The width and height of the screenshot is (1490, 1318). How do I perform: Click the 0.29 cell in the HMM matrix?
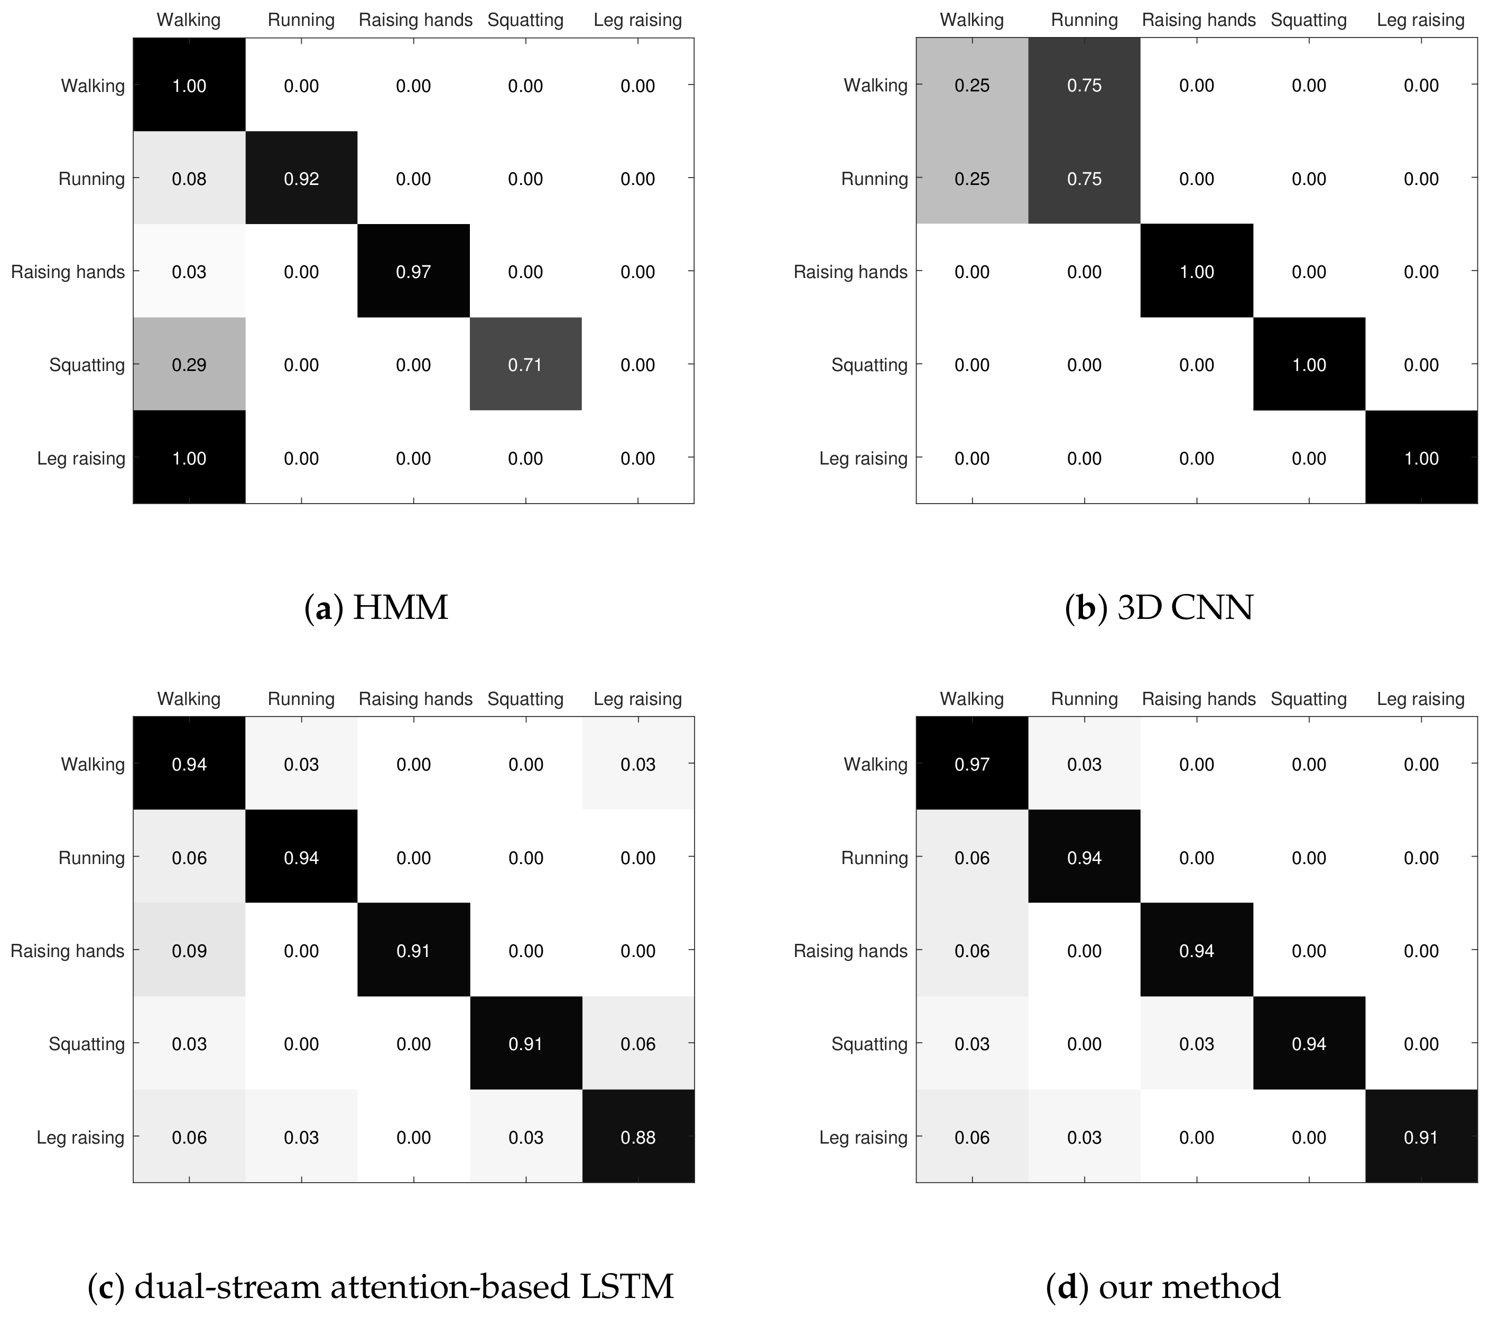point(189,365)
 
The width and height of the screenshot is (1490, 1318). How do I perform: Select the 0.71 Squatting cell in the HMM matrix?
point(525,365)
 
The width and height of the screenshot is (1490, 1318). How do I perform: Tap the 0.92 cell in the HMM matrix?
point(301,179)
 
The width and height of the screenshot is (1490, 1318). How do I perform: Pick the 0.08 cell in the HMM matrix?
point(189,179)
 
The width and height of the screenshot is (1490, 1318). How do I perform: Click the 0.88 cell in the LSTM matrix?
point(638,1137)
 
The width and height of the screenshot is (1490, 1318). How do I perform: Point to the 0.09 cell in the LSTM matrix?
point(189,951)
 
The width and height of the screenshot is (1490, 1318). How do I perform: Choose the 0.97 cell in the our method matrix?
point(971,764)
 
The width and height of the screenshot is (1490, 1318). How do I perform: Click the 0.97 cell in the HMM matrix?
point(413,272)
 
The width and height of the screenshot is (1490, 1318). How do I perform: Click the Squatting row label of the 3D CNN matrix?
point(869,365)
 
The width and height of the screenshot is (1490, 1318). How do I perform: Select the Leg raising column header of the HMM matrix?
point(638,20)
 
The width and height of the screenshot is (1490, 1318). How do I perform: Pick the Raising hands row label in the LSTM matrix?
point(67,951)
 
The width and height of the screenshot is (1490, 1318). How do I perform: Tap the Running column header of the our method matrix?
point(1084,698)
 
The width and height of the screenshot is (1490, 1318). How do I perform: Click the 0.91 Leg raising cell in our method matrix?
point(1421,1137)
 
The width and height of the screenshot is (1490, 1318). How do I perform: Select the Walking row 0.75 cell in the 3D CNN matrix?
point(1084,85)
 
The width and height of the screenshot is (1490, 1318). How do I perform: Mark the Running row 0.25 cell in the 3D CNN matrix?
point(971,179)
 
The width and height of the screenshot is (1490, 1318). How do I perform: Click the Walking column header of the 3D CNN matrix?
point(971,20)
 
